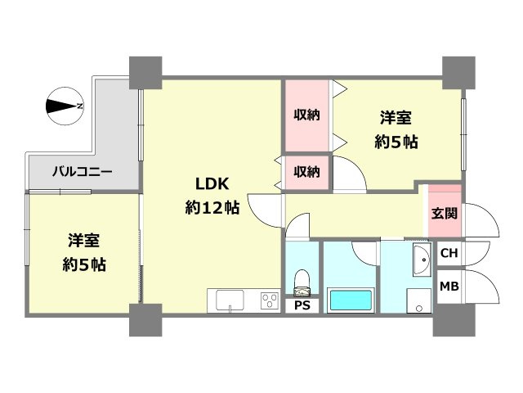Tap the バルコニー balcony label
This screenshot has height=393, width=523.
pyautogui.click(x=83, y=172)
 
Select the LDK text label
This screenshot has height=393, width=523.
pyautogui.click(x=211, y=183)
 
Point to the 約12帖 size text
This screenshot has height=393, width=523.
pyautogui.click(x=212, y=208)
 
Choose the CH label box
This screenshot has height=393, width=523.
pyautogui.click(x=449, y=253)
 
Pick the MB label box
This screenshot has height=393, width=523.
pyautogui.click(x=449, y=287)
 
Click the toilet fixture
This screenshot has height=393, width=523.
pyautogui.click(x=302, y=281)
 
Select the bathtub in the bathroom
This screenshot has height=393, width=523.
pyautogui.click(x=351, y=300)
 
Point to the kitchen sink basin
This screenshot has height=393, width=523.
pyautogui.click(x=231, y=300)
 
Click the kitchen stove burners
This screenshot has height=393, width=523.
pyautogui.click(x=268, y=300)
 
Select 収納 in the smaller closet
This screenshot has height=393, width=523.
pyautogui.click(x=306, y=172)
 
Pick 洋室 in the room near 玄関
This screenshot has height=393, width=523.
pyautogui.click(x=396, y=117)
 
